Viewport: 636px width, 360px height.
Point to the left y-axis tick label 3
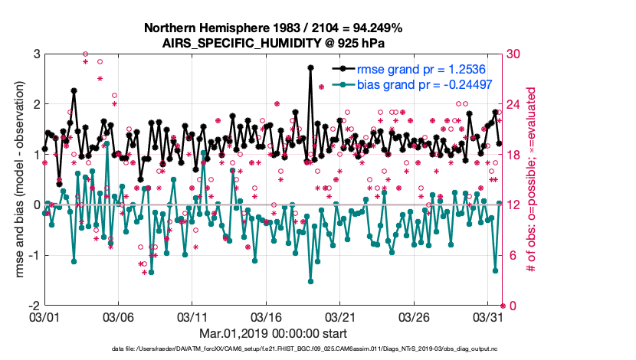[x=36, y=54]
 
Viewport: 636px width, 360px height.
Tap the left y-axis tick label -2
[x=34, y=306]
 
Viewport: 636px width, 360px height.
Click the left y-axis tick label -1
[x=34, y=255]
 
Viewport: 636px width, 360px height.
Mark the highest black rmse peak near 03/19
[x=310, y=67]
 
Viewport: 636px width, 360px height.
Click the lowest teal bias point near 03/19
[x=310, y=281]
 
